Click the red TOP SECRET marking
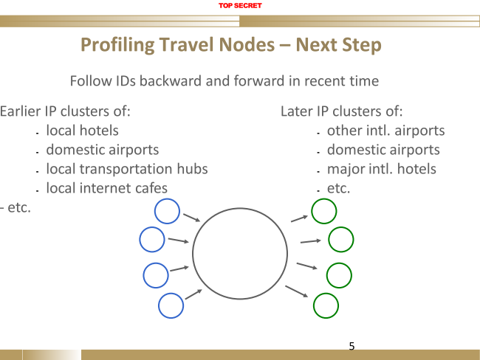click(x=239, y=6)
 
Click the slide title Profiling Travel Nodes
click(x=230, y=45)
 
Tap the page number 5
click(x=352, y=345)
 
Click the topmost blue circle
click(x=167, y=211)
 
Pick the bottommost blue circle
click(x=171, y=305)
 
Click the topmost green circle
click(x=324, y=211)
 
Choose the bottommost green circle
click(x=326, y=305)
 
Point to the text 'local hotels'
click(x=82, y=131)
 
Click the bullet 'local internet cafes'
click(x=106, y=188)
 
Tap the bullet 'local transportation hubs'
click(x=126, y=169)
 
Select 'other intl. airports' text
click(x=385, y=131)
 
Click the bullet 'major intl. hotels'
click(x=381, y=169)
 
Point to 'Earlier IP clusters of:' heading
click(x=66, y=111)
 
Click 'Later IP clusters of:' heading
click(x=341, y=111)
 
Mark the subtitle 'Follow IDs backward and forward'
click(x=224, y=80)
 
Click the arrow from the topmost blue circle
click(x=191, y=218)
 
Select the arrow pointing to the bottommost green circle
click(x=296, y=291)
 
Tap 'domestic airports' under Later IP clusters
click(x=383, y=150)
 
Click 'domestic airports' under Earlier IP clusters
click(x=102, y=150)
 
